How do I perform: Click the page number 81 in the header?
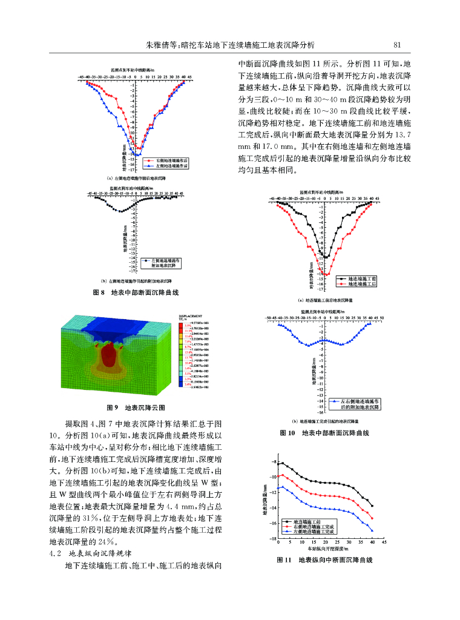click(x=398, y=44)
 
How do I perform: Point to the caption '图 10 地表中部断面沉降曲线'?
click(x=324, y=434)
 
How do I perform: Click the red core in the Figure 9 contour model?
click(x=109, y=355)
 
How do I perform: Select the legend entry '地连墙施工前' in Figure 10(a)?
click(x=363, y=278)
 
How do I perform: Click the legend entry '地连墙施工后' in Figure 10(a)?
click(x=363, y=283)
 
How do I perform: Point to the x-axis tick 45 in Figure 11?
click(x=384, y=542)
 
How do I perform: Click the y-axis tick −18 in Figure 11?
click(x=274, y=538)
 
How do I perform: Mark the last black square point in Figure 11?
click(x=372, y=506)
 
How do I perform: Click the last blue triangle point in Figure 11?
click(x=372, y=531)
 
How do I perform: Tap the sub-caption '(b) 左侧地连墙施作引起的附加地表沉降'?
click(x=136, y=282)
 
